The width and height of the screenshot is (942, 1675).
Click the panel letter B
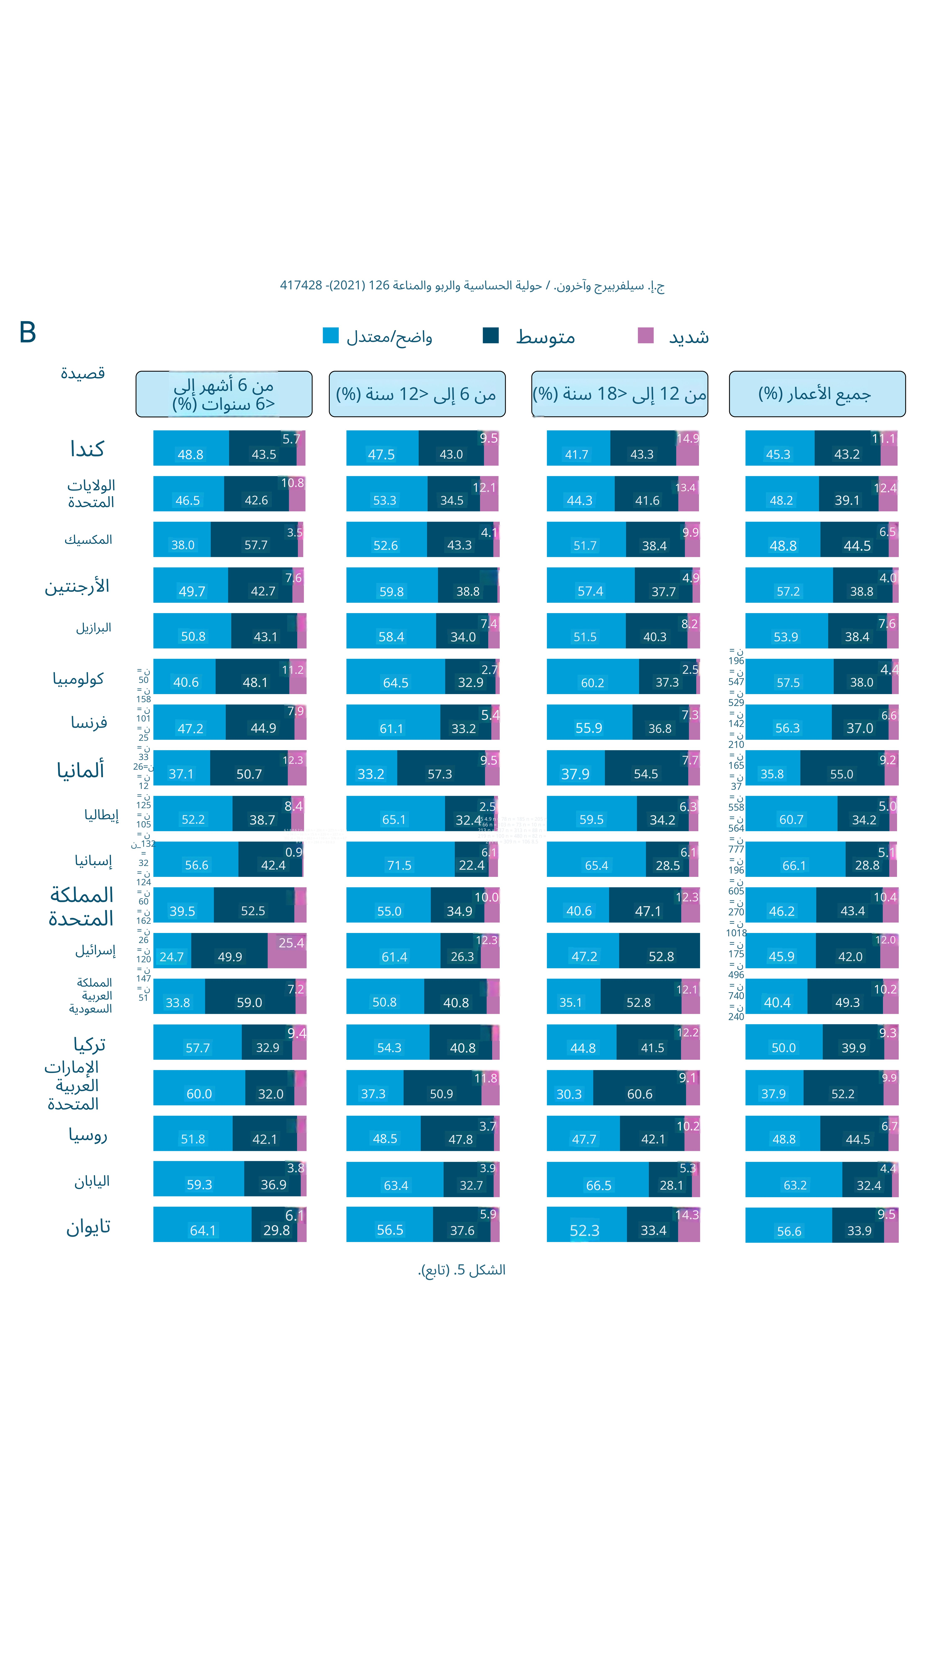coord(27,332)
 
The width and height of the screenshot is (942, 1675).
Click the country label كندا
coord(87,449)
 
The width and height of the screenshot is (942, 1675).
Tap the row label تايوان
coord(88,1227)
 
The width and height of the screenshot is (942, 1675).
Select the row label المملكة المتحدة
coord(81,906)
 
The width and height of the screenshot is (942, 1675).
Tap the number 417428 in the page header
coord(301,285)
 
